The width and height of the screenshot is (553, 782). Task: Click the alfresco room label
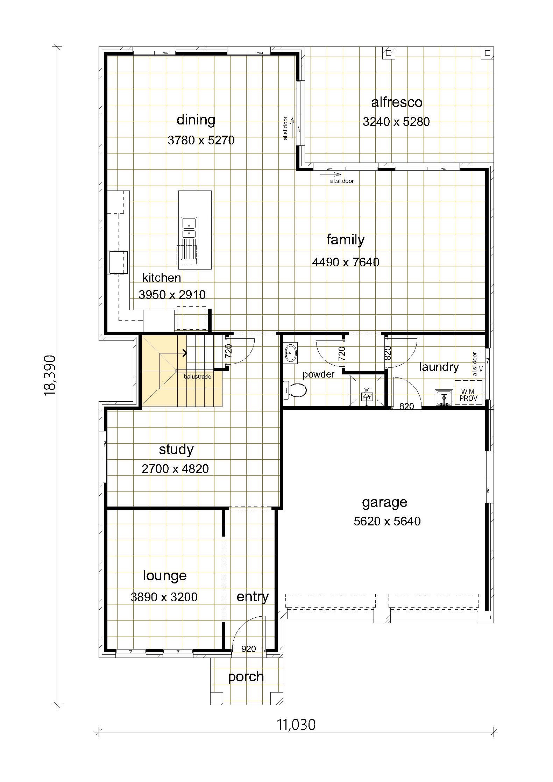[397, 102]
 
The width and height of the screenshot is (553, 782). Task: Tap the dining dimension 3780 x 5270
[201, 140]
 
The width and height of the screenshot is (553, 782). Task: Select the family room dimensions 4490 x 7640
[346, 262]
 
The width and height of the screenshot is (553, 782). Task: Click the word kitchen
[162, 278]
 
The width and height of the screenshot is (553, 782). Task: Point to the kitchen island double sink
[189, 228]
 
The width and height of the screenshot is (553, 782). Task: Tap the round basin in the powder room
[290, 353]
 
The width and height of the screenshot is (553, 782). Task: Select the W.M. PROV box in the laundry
[468, 393]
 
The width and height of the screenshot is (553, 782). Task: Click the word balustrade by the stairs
[197, 377]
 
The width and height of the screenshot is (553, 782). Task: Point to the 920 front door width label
[249, 649]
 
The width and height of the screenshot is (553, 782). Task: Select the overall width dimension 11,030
[297, 725]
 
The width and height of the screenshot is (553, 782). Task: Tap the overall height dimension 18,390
[50, 375]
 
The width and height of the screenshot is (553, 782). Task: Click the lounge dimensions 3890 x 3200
[164, 597]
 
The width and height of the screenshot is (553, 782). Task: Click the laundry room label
[439, 367]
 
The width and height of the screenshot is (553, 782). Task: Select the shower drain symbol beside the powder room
[367, 397]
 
